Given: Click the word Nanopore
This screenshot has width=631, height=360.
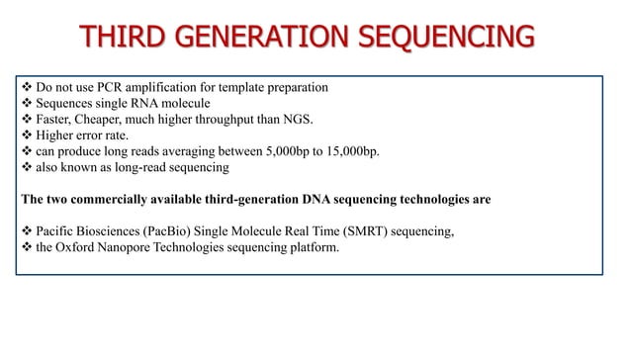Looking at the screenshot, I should pyautogui.click(x=116, y=248).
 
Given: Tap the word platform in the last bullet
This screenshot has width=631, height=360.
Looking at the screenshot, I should pyautogui.click(x=310, y=248).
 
